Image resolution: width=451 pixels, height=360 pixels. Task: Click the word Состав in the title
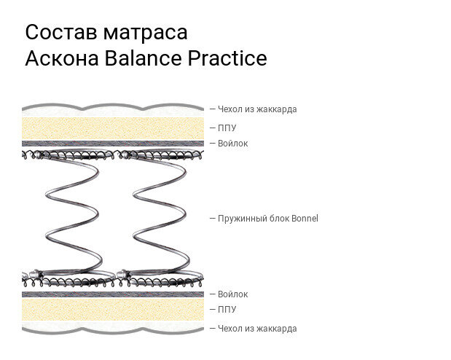point(60,33)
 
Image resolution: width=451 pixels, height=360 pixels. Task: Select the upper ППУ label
point(227,128)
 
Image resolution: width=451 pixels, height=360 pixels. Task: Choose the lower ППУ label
point(227,310)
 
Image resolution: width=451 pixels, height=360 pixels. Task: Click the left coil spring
point(71,219)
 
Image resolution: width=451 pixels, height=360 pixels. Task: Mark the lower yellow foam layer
point(113,310)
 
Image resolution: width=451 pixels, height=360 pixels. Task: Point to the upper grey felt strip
point(113,144)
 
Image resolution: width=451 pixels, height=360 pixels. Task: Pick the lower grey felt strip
point(113,294)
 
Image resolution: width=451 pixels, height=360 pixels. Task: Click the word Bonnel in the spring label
point(305,219)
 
